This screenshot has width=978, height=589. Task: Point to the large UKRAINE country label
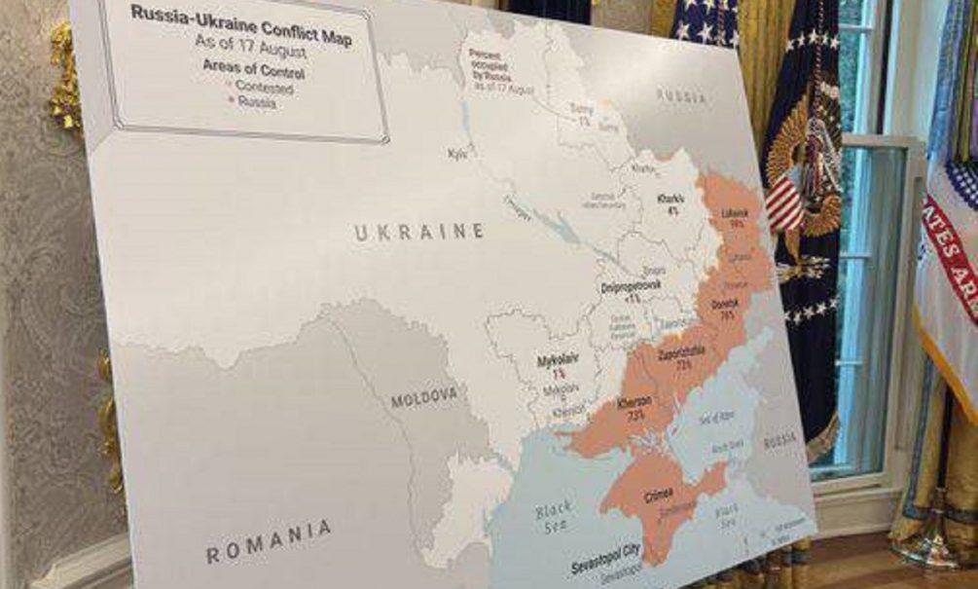pyautogui.click(x=418, y=233)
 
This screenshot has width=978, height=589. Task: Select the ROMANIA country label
pyautogui.click(x=269, y=541)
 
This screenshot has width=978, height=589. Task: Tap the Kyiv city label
pyautogui.click(x=457, y=154)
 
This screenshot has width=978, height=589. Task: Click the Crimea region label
pyautogui.click(x=658, y=497)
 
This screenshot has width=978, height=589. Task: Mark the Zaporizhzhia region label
pyautogui.click(x=681, y=353)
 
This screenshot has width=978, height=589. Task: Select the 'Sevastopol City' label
pyautogui.click(x=605, y=552)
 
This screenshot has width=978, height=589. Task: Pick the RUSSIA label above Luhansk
pyautogui.click(x=681, y=95)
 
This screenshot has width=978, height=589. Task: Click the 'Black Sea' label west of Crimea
pyautogui.click(x=556, y=513)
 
